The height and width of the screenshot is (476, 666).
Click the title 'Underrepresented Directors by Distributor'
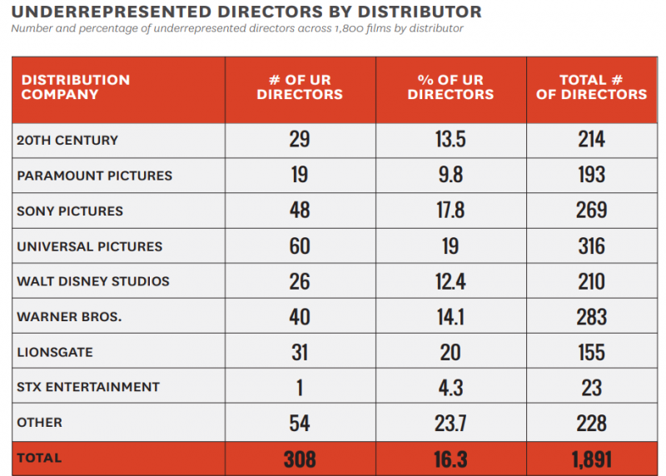246,12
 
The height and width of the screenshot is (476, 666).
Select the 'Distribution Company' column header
76,87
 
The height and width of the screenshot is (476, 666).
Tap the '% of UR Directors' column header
450,87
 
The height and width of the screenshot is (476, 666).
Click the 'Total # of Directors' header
591,87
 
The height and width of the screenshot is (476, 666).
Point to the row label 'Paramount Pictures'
94,176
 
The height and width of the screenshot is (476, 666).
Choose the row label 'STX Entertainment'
87,387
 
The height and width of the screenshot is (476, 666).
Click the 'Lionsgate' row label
56,352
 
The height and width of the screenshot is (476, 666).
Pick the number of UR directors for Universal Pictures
300,246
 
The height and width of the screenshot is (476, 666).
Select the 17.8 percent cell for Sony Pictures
450,211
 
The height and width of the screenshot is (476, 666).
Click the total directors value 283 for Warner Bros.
591,317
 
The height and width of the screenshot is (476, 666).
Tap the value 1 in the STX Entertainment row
300,387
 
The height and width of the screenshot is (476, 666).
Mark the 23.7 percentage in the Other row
450,423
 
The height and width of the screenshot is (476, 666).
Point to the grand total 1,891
591,459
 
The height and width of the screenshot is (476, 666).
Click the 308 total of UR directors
300,459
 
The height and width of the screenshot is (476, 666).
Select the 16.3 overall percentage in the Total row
450,459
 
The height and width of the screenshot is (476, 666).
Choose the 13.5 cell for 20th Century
450,140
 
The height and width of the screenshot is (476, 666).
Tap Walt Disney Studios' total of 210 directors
591,281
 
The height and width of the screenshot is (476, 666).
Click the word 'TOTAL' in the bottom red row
39,459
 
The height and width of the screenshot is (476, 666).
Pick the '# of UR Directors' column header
300,87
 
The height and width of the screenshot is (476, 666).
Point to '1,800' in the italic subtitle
345,29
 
